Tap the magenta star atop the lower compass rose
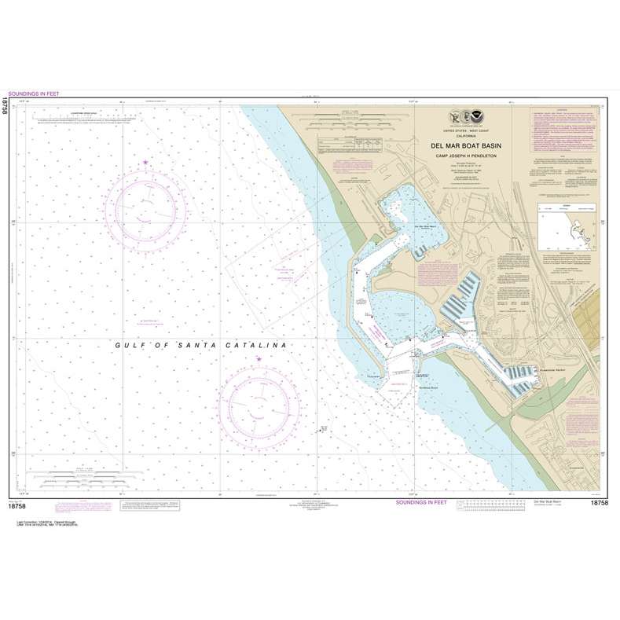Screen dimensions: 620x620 [x=259, y=359]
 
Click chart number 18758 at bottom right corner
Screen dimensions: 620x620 [x=598, y=502]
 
